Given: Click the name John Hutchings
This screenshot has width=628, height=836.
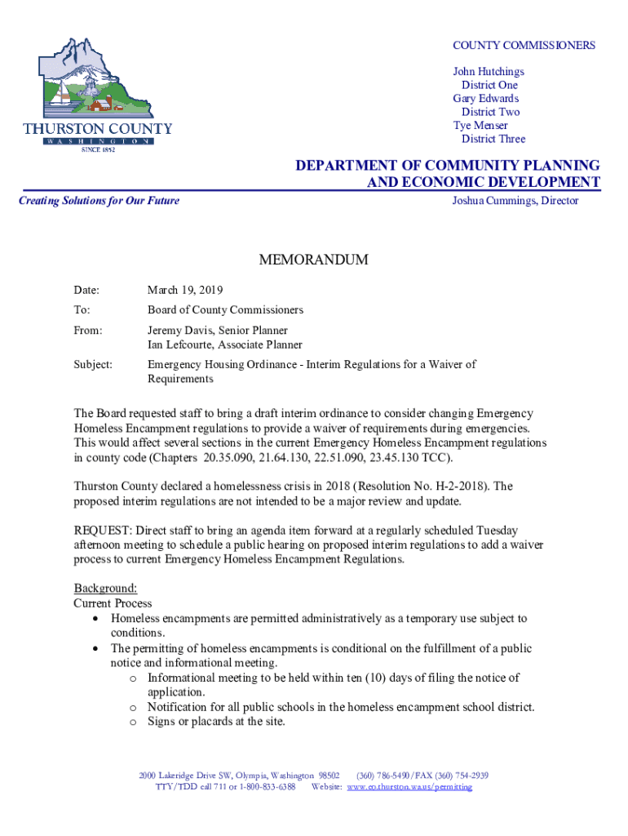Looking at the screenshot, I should click(x=489, y=72).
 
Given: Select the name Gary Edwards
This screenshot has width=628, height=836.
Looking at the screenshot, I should click(x=486, y=99).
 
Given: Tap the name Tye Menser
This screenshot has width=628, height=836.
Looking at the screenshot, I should click(x=480, y=126).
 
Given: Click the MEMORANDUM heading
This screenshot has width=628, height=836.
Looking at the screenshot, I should click(x=313, y=260).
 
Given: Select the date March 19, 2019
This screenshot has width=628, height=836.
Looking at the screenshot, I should click(x=185, y=290).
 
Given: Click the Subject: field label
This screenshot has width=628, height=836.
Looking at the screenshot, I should click(x=93, y=364).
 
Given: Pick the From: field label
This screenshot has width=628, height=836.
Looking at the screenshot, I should click(x=88, y=331).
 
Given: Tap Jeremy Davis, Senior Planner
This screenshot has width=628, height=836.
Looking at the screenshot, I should click(x=217, y=331).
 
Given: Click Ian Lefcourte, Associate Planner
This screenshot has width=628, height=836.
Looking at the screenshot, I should click(x=224, y=345).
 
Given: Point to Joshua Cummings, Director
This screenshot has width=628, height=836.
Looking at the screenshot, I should click(x=515, y=201).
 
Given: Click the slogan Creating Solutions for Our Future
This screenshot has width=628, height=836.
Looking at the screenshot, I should click(x=99, y=201).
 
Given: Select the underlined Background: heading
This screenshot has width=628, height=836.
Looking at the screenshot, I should click(x=105, y=588).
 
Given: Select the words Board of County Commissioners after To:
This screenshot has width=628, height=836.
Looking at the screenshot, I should click(x=225, y=310).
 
